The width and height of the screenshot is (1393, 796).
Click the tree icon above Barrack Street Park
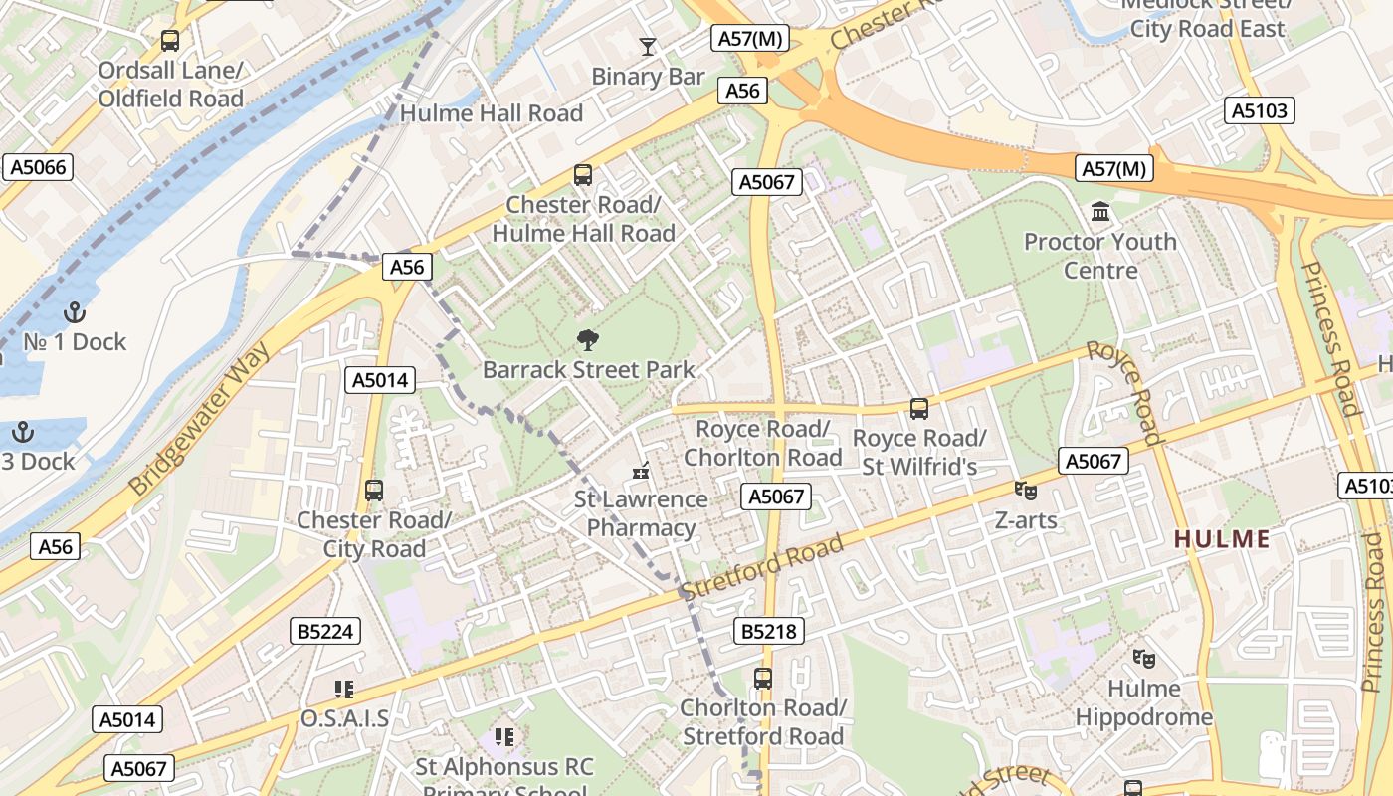[x=588, y=340]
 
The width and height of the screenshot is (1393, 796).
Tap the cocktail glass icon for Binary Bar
[x=648, y=46]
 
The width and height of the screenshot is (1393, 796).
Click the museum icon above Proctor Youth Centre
[x=1100, y=212]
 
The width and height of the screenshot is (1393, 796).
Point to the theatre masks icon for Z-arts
[x=1025, y=491]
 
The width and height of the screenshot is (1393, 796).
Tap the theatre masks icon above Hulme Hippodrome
[x=1144, y=658]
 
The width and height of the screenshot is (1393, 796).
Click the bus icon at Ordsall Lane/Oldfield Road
[x=170, y=41]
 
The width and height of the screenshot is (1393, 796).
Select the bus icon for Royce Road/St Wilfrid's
[x=919, y=408]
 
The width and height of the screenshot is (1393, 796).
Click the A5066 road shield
[x=39, y=167]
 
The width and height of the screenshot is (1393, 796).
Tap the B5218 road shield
[x=768, y=631]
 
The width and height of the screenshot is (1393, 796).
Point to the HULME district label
[x=1222, y=539]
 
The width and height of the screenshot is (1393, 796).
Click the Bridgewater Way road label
[x=200, y=419]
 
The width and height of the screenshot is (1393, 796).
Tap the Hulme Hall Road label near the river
[x=491, y=113]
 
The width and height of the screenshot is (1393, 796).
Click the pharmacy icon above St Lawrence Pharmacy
[x=641, y=470]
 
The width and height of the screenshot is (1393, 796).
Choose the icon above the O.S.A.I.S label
[x=344, y=689]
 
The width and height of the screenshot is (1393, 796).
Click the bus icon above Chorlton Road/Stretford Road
[x=763, y=679]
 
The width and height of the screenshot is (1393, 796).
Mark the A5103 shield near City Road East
[x=1260, y=110]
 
